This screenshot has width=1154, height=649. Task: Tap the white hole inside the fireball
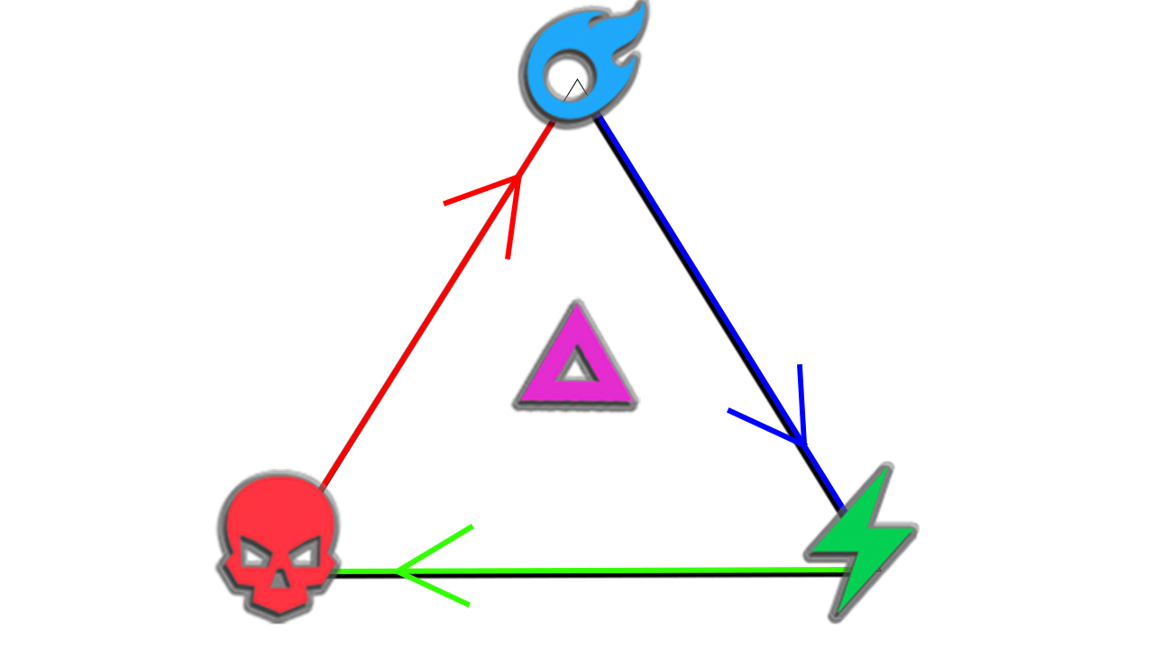point(569,76)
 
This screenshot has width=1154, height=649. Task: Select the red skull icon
point(279,541)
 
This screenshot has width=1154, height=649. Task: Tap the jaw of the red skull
point(280,599)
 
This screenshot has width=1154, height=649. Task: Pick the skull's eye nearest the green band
point(305,552)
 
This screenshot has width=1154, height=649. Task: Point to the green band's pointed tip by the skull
point(397,571)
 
